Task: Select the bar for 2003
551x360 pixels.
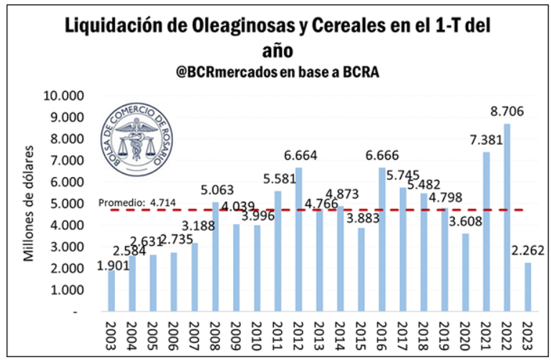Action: coord(111,291)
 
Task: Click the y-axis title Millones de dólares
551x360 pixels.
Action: coord(29,204)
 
